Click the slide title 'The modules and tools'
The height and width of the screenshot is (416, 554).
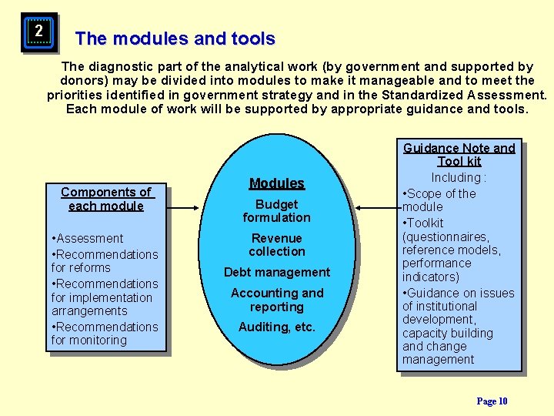pos(175,39)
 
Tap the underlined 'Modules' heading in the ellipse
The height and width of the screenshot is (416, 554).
pos(277,183)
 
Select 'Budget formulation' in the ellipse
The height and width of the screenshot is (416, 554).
pos(276,211)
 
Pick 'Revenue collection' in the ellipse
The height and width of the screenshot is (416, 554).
pos(277,245)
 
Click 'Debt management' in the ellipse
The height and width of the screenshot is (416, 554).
pos(277,272)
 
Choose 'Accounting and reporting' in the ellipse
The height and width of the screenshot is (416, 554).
pos(277,300)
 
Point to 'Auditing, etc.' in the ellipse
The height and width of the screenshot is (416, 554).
pos(277,327)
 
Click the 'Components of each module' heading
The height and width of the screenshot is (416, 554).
pos(106,199)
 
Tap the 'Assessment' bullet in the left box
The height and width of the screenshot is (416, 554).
pos(89,239)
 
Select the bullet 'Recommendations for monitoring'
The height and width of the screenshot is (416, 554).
pos(104,334)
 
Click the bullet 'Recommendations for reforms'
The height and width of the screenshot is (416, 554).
pos(104,261)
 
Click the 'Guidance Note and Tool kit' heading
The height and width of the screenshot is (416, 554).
pos(459,155)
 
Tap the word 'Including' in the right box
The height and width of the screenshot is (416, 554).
pos(456,178)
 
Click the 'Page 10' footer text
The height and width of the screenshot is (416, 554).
pos(492,401)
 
